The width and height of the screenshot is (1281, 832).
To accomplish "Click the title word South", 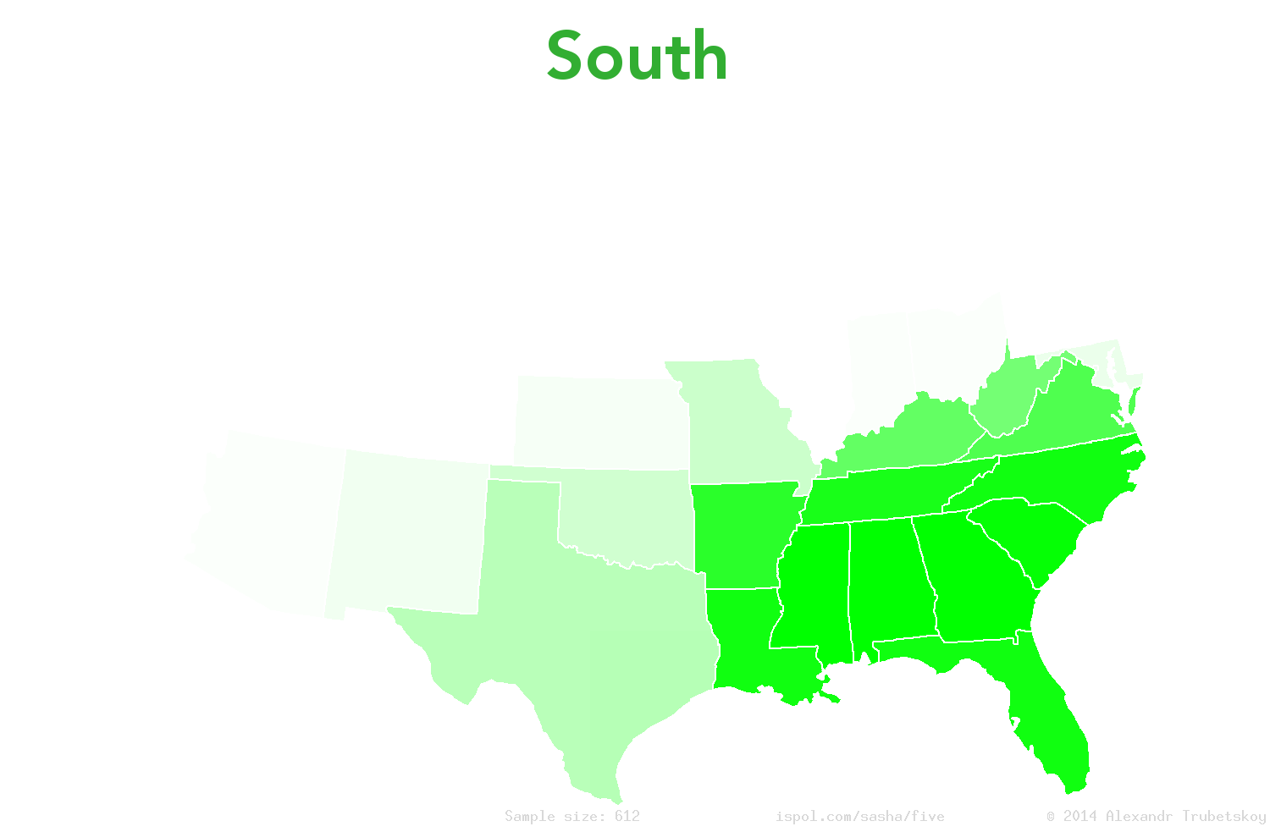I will pos(637,57).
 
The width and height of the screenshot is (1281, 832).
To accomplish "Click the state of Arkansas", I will pos(741,533).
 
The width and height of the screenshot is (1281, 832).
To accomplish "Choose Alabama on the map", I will pos(889,584).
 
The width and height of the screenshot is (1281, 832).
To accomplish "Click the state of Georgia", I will pos(974,584).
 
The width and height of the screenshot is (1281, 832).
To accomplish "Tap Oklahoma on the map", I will pos(627,516).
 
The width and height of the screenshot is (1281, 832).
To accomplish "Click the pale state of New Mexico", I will pos(406,533).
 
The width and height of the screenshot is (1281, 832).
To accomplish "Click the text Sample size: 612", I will pos(572,816).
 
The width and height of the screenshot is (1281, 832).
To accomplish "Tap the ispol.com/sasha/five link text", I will pos(859,816).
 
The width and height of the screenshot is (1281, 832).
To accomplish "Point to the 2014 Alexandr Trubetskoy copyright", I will pos(1157,816).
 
